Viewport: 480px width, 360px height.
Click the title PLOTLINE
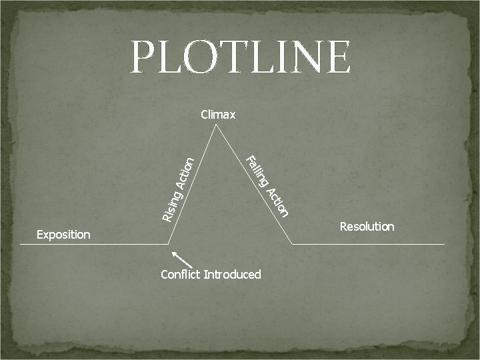click(x=241, y=57)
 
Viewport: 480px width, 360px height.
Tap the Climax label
click(x=218, y=115)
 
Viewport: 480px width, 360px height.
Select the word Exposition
click(x=63, y=235)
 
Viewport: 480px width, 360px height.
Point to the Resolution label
click(x=367, y=227)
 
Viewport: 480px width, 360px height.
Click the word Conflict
click(x=180, y=275)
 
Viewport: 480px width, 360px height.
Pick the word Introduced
click(x=232, y=275)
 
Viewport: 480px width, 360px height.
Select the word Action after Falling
click(x=278, y=202)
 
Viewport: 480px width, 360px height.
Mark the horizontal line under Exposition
click(x=93, y=244)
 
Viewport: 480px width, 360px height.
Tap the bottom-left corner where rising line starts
click(x=169, y=244)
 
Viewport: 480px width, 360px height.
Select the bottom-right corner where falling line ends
click(x=293, y=244)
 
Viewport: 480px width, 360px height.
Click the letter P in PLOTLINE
click(x=145, y=57)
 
